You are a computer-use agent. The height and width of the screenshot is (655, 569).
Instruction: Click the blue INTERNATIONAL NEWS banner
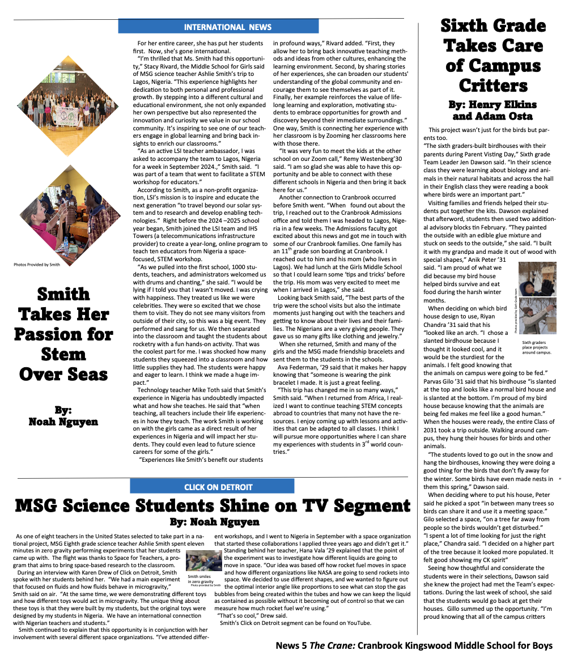click(218, 27)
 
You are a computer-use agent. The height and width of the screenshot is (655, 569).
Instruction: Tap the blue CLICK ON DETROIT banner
click(218, 487)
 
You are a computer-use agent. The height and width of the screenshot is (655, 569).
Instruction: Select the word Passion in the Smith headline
click(63, 334)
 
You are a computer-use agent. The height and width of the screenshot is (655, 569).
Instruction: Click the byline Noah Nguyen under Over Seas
click(63, 422)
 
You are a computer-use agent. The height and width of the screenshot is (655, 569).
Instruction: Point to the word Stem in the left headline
click(63, 354)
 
